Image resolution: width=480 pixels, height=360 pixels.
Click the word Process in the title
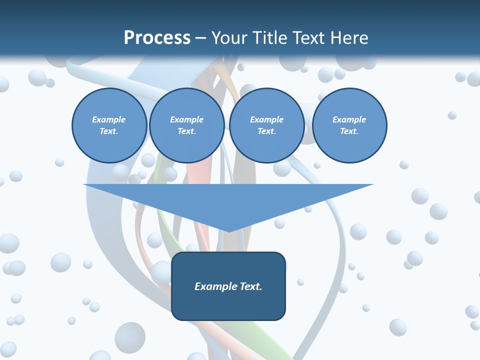(x=157, y=38)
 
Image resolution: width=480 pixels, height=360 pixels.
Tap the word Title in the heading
(x=268, y=38)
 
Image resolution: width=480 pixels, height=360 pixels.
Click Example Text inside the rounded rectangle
(x=228, y=286)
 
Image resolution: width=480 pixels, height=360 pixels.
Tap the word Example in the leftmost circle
(x=109, y=119)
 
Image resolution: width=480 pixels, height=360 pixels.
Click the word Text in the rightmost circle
(x=348, y=131)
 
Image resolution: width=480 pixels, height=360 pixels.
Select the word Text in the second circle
(x=186, y=131)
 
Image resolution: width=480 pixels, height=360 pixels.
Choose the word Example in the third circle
(x=266, y=119)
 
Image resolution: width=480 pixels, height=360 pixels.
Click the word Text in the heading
(x=308, y=38)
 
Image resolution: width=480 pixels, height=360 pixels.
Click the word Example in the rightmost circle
(x=349, y=119)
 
